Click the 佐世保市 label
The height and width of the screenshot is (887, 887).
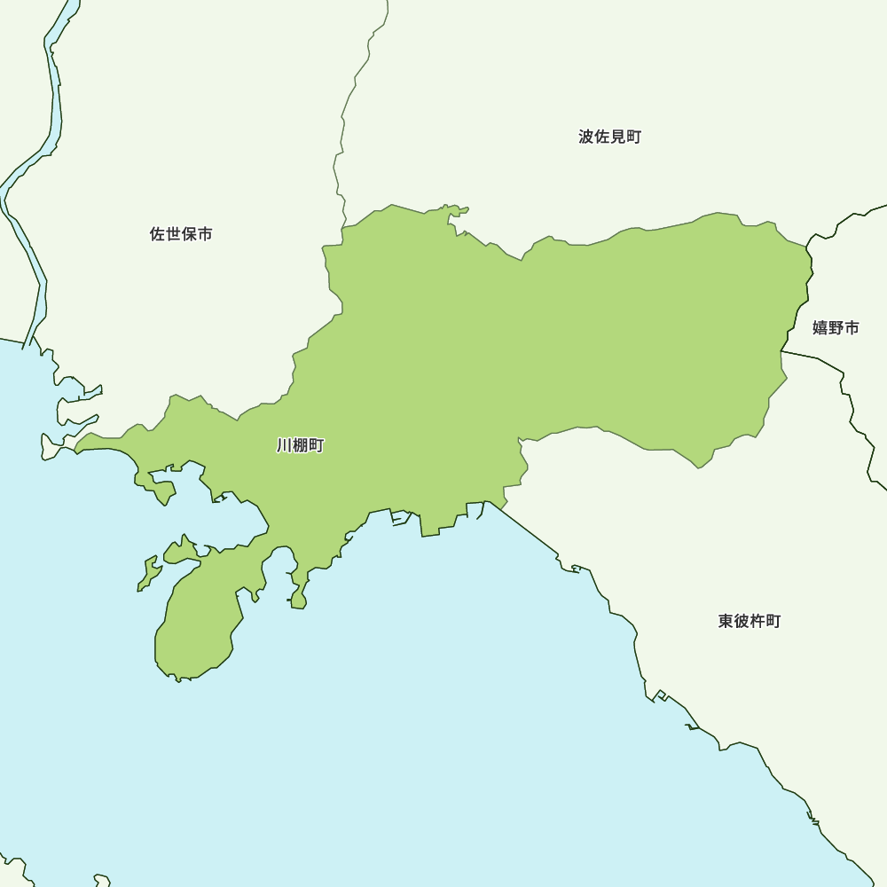181,234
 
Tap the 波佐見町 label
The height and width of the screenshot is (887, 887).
609,137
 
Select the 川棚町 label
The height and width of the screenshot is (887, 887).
301,445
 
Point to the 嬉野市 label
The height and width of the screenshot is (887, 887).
836,327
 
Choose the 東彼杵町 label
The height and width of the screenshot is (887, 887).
750,621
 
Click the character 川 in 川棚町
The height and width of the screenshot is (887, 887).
285,445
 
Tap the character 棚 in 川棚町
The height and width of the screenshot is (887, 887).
301,445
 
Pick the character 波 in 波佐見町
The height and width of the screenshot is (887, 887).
586,137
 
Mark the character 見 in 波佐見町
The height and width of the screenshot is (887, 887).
617,137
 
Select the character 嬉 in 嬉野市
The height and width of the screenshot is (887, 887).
820,327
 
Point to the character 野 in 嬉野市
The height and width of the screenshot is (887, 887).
836,327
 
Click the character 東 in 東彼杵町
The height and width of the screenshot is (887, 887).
726,621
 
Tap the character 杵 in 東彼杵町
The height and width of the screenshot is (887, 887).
757,621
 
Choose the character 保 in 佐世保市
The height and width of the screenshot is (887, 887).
189,234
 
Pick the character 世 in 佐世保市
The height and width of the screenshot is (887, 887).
173,234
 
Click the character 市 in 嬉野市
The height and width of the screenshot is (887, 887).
852,327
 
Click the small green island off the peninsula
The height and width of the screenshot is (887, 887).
149,574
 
